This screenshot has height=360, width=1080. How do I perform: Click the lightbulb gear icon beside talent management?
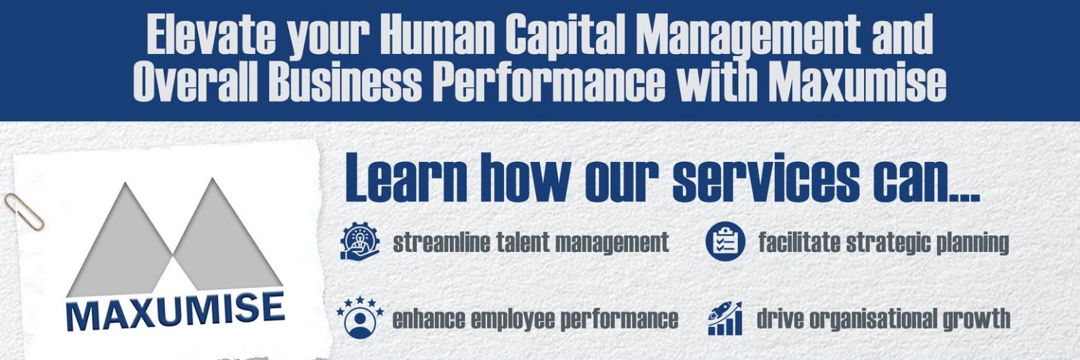click(359, 242)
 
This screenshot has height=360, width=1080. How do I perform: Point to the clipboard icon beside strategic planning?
click(725, 242)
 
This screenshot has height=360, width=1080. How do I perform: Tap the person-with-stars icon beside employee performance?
click(359, 317)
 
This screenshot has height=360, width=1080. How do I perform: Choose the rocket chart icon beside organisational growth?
click(725, 318)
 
